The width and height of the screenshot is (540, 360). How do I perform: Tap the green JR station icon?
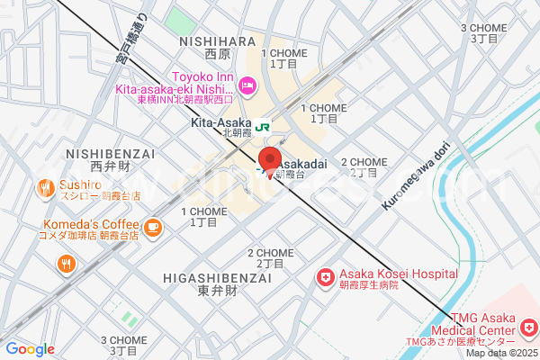[x=262, y=127]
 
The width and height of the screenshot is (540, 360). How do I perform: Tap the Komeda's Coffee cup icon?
[x=152, y=225]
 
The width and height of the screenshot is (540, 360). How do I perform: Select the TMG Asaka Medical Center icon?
[x=528, y=323]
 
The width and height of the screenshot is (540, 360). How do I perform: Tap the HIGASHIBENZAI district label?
[x=205, y=278]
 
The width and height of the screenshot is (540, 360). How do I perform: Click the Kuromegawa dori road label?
[x=416, y=179]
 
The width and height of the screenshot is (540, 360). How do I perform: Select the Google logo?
[x=30, y=349]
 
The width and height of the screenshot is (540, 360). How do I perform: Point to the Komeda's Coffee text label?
[x=88, y=225]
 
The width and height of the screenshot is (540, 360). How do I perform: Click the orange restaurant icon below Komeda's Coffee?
[x=66, y=264]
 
